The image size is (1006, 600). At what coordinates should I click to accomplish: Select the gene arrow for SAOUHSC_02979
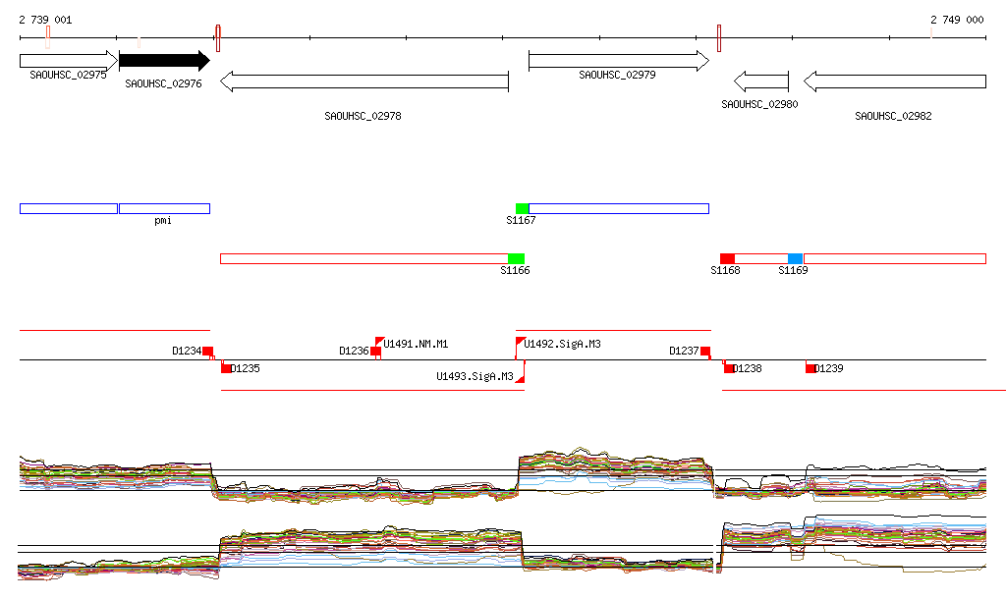[x=618, y=61]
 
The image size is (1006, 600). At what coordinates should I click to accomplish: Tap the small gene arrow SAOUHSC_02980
[x=761, y=81]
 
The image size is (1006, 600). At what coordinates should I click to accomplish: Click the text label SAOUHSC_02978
[x=363, y=116]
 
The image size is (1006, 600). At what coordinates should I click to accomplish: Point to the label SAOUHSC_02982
[x=893, y=116]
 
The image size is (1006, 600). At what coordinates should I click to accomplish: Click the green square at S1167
[x=522, y=208]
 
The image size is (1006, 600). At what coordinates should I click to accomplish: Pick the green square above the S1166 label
[x=516, y=258]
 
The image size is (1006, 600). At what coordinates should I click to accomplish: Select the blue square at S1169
[x=795, y=258]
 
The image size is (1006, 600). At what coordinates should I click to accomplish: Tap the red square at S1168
[x=727, y=258]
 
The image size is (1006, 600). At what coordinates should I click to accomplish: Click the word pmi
[x=163, y=221]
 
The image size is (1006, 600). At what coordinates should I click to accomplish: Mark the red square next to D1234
[x=207, y=351]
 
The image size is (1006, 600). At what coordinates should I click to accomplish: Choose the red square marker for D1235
[x=227, y=368]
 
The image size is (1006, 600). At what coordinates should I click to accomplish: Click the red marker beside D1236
[x=375, y=351]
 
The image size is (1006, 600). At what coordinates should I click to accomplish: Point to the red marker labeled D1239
[x=810, y=368]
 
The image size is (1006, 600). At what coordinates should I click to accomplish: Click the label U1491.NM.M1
[x=416, y=344]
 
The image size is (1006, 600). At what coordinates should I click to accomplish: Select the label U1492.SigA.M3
[x=562, y=344]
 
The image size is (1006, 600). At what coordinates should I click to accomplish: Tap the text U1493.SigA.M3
[x=475, y=376]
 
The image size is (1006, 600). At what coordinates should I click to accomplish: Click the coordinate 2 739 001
[x=44, y=20]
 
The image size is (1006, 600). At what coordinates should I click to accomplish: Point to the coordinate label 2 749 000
[x=957, y=20]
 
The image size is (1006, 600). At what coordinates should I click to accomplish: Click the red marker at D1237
[x=705, y=351]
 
